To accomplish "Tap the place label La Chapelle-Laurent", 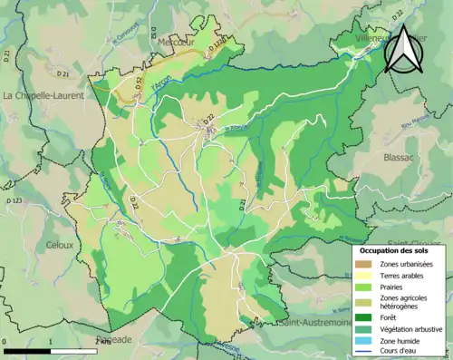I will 43,95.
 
